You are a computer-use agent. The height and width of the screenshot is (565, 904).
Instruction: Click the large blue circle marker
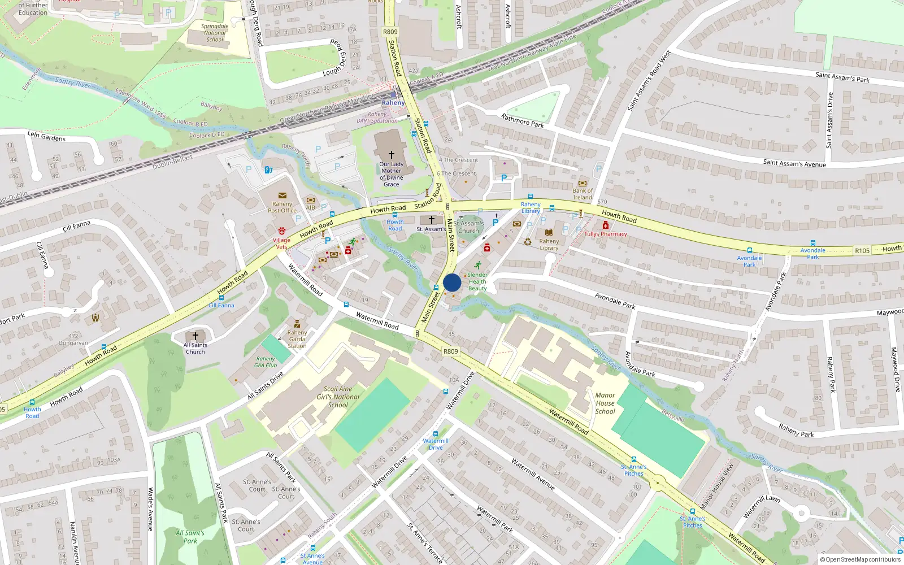tap(452, 282)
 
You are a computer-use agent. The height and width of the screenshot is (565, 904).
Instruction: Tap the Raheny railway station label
tap(393, 103)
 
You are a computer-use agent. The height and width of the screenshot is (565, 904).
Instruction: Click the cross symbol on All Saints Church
tap(195, 336)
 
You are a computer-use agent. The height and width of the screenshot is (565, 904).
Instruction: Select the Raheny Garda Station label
tap(297, 339)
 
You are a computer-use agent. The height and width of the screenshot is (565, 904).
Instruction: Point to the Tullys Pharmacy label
tap(606, 234)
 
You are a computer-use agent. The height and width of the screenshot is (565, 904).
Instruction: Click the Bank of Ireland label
tap(583, 194)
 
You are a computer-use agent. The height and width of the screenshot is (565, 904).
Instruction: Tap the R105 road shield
tap(862, 250)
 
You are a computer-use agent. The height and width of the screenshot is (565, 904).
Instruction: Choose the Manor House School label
tap(605, 403)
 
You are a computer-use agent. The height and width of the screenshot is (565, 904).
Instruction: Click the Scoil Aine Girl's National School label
tap(338, 397)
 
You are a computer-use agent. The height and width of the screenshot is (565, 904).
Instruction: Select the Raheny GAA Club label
tap(266, 362)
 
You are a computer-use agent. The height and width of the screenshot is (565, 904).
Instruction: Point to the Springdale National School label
tap(215, 33)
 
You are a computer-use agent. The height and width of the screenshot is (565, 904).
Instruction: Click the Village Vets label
tap(281, 244)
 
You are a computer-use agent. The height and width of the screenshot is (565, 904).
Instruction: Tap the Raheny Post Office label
tap(282, 207)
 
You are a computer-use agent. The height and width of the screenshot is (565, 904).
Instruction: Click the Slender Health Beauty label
tap(477, 281)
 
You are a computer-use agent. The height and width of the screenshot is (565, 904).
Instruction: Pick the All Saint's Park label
tap(190, 537)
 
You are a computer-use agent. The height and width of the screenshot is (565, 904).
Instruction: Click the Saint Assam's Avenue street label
tap(794, 163)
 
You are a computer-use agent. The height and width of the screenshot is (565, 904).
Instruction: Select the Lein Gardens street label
tap(46, 136)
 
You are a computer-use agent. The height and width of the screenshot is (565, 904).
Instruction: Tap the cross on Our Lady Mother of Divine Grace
tap(391, 154)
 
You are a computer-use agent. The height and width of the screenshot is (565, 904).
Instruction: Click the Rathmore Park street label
tap(523, 120)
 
